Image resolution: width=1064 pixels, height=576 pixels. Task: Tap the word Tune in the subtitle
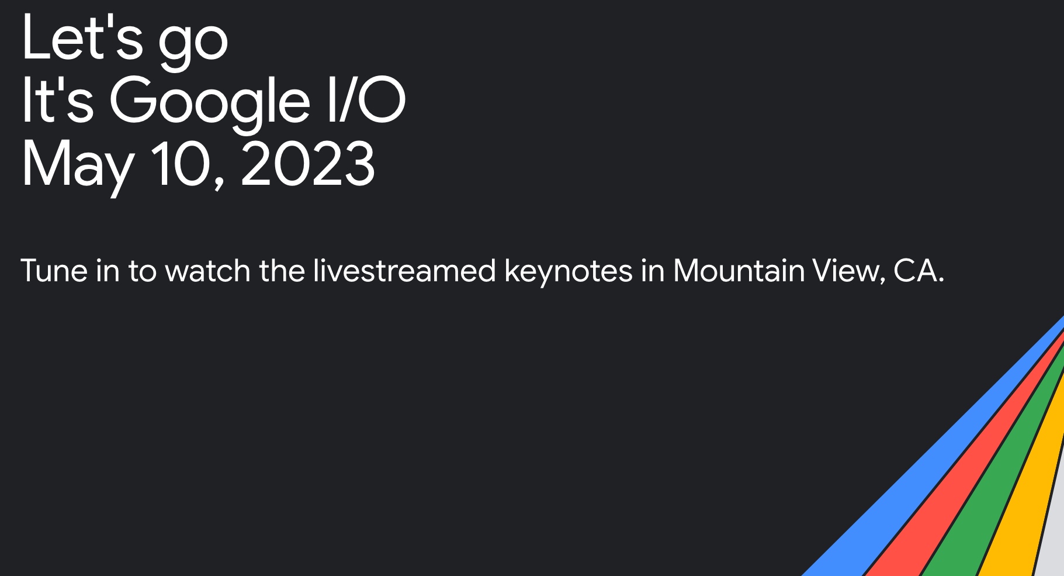54,271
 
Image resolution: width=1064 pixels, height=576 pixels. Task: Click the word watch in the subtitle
208,271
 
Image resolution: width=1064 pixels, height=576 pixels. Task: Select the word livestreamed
404,271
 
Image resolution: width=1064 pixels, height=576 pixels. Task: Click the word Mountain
739,271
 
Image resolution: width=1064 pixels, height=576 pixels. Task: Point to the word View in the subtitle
848,271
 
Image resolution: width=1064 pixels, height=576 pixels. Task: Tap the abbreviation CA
916,271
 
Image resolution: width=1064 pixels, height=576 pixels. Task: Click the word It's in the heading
57,101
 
